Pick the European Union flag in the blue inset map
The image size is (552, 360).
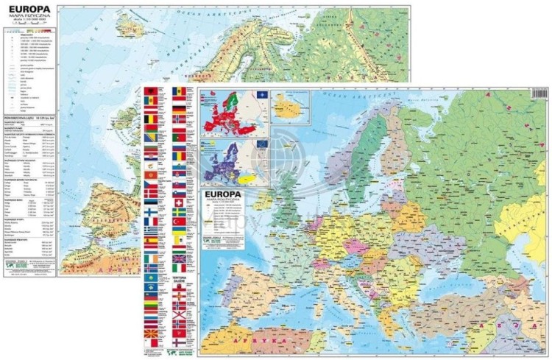point(262,143)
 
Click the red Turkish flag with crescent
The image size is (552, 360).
point(178,221)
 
